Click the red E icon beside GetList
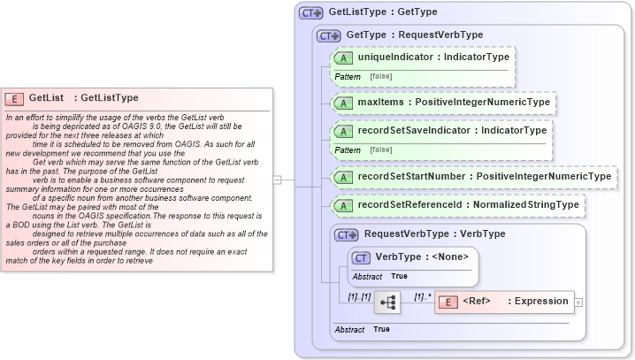pos(15,98)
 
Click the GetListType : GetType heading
pos(382,12)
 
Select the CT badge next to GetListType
pos(311,13)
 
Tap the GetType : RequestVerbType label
pos(414,34)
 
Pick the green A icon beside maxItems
pos(343,103)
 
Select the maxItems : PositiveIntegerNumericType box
pos(443,103)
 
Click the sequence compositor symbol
pos(387,302)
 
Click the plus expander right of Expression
pos(578,302)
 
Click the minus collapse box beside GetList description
pos(278,180)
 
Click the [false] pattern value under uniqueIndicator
pos(381,76)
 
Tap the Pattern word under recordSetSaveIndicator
pos(348,150)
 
